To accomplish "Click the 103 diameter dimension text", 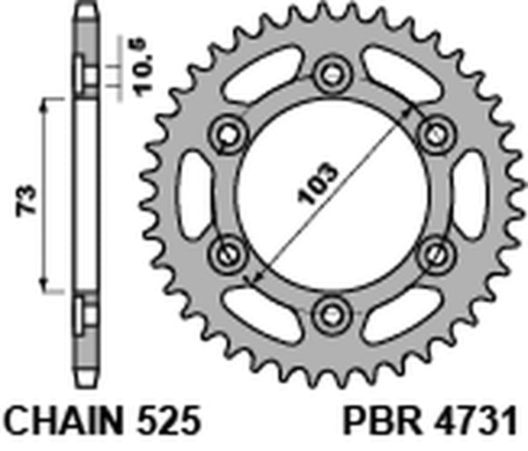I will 319,185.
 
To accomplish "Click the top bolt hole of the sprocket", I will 332,73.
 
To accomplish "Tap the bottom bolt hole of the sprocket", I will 332,312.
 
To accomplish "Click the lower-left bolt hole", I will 228,253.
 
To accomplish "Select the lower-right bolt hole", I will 435,253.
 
